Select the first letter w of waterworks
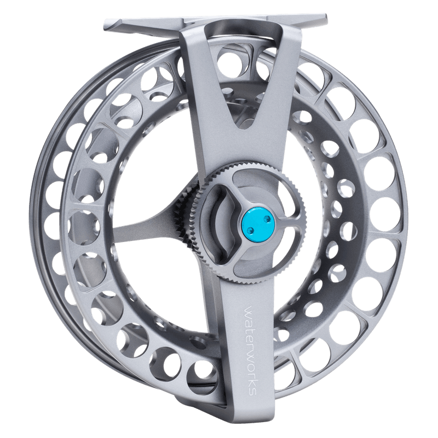click(x=249, y=310)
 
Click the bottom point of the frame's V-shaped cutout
click(x=244, y=132)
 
